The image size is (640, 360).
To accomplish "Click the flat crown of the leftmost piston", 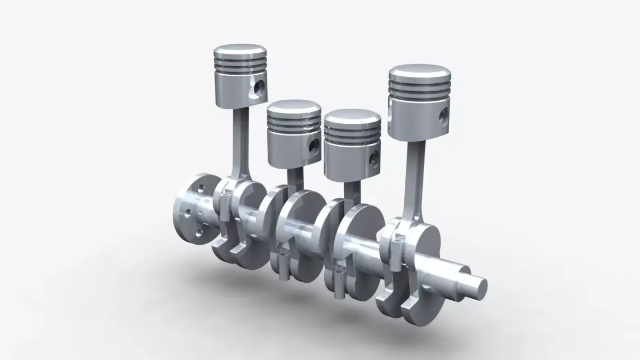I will (x=240, y=52).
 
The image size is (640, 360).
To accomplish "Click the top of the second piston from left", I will (x=294, y=108).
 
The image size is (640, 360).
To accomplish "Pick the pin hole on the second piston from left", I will (x=315, y=145).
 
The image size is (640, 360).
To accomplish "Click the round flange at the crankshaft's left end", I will (x=191, y=209).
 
